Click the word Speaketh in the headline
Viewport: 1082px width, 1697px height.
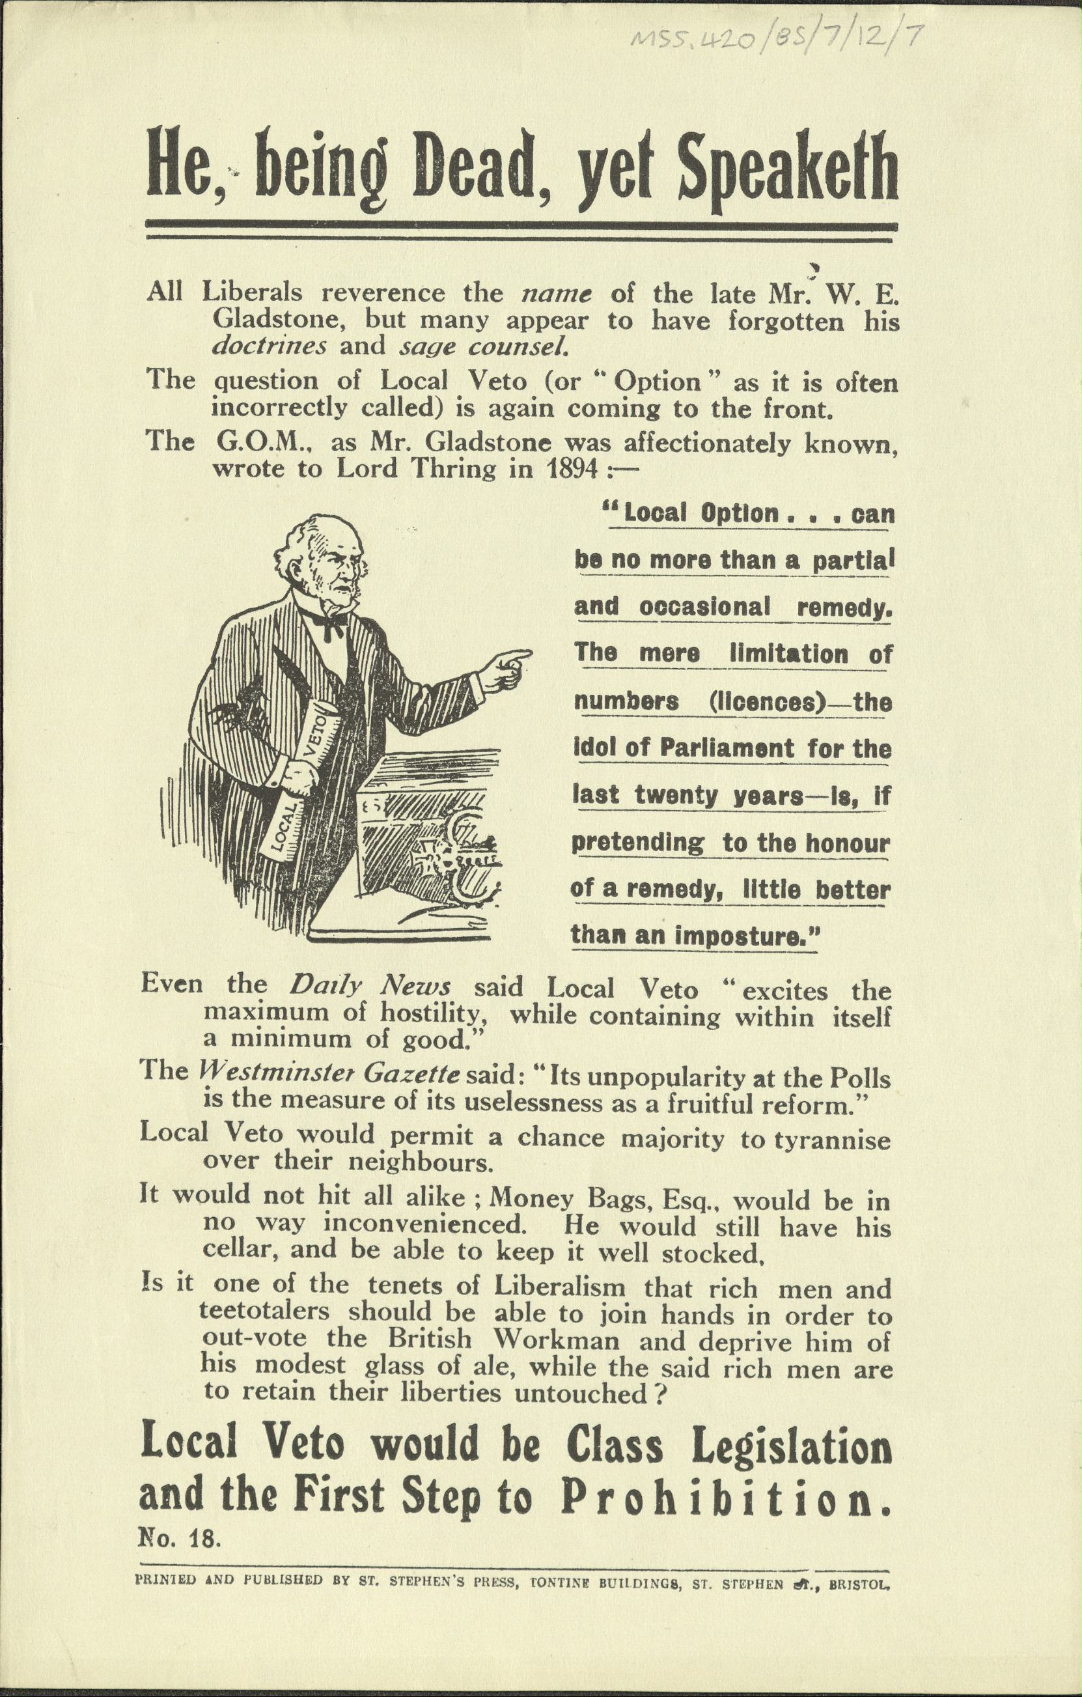pyautogui.click(x=787, y=171)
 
